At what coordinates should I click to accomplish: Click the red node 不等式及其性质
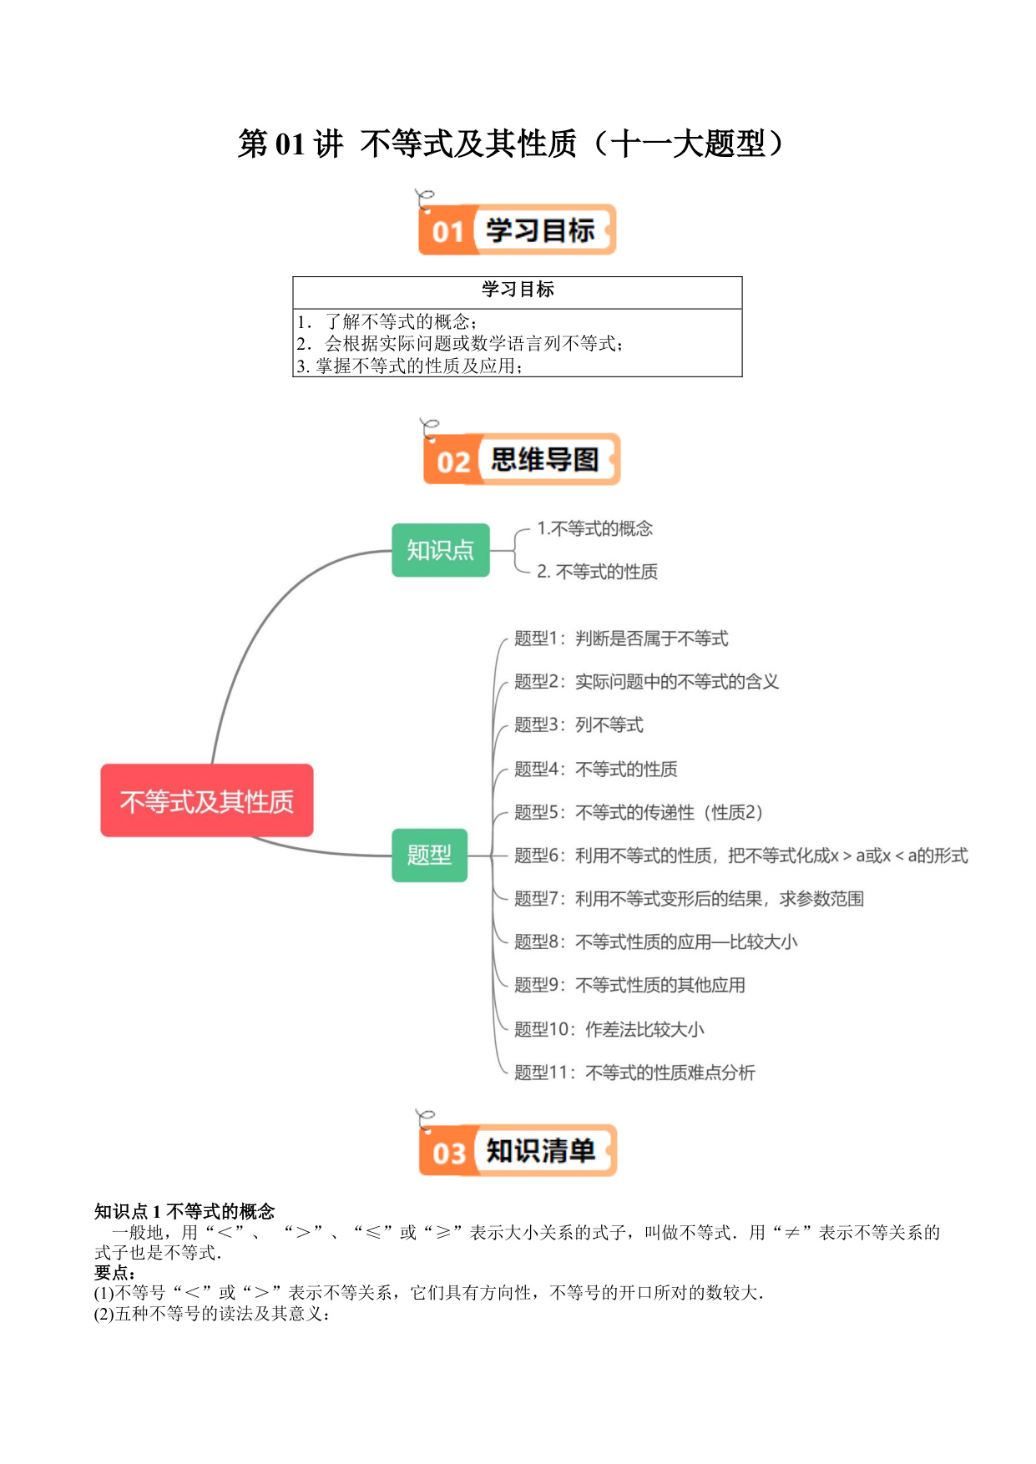point(207,800)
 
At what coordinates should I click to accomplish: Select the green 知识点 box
point(441,550)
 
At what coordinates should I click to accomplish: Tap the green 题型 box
point(429,855)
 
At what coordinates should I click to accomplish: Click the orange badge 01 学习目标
point(517,230)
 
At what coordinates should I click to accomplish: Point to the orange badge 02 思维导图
point(522,459)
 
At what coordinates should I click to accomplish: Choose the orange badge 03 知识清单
point(518,1150)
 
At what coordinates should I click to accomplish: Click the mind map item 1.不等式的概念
point(594,528)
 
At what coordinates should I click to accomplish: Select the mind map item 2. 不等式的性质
point(597,572)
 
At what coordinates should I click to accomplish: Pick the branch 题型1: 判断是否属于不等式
point(621,639)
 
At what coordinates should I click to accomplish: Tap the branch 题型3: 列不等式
point(579,724)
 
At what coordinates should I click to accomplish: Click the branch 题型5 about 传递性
point(639,812)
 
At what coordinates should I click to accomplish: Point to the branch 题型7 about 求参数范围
point(689,899)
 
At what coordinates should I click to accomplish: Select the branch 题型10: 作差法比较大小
point(609,1029)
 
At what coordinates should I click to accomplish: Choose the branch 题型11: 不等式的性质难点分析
point(634,1073)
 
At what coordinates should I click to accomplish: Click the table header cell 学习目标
point(518,290)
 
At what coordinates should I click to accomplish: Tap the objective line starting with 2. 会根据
point(459,343)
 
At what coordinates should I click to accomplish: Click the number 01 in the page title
point(290,144)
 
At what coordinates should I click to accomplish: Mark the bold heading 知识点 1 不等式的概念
point(184,1211)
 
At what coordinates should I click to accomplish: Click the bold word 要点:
point(115,1273)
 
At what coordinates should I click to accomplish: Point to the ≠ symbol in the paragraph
point(791,1233)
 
